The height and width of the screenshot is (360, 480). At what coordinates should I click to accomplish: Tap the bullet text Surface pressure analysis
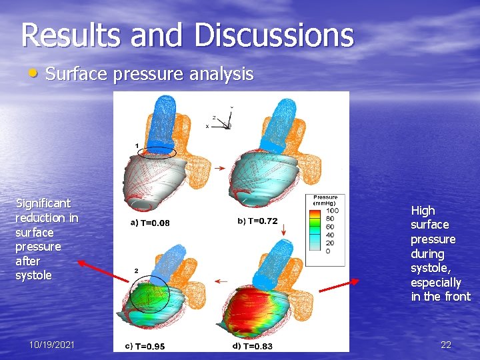[x=149, y=74]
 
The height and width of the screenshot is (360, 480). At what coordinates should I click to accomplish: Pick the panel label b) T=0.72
[x=257, y=221]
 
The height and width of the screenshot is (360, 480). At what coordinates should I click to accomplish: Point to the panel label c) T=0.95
[x=146, y=346]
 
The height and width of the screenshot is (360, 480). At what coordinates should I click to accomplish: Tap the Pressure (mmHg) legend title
[x=325, y=200]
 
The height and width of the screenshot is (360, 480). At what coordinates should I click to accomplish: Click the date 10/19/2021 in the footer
[x=52, y=345]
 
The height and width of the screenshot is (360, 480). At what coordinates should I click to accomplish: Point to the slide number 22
[x=446, y=345]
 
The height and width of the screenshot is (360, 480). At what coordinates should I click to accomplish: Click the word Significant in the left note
[x=43, y=203]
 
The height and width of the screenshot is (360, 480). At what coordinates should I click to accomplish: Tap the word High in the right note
[x=422, y=211]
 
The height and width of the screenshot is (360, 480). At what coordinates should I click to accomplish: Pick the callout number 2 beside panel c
[x=136, y=271]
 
